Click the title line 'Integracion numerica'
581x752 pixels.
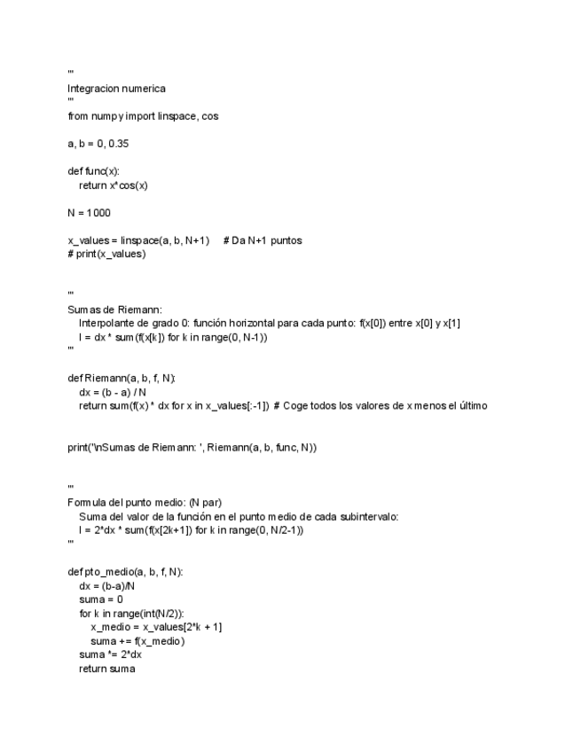[116, 88]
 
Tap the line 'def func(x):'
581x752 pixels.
[93, 171]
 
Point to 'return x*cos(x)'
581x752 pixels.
[113, 185]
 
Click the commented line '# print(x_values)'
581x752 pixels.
[106, 254]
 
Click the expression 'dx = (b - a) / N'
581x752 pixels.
[118, 392]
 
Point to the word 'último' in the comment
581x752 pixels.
[473, 406]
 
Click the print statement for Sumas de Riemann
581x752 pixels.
[192, 447]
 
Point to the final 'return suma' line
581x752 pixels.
[106, 669]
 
